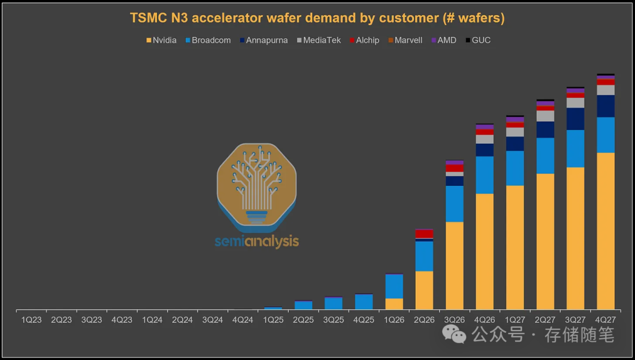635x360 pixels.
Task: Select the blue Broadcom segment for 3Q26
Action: (454, 204)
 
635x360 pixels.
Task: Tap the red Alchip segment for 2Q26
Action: (425, 234)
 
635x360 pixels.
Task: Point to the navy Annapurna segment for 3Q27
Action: (576, 119)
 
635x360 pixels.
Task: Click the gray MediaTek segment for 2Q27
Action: (545, 116)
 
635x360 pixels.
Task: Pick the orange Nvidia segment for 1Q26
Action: (394, 304)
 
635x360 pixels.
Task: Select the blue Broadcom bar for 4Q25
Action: (364, 302)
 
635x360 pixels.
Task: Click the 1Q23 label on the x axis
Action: (32, 320)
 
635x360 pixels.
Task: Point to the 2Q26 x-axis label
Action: (425, 320)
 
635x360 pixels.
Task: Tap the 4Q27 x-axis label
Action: (606, 320)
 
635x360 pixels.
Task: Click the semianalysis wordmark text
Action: (257, 241)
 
